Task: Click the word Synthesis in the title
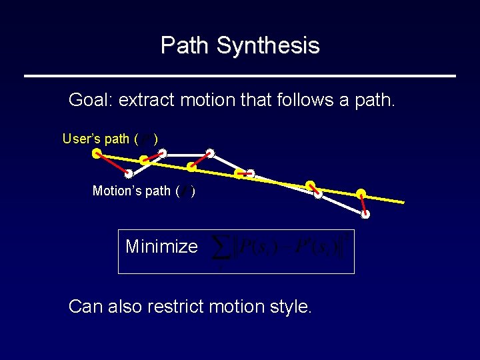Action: [x=268, y=46]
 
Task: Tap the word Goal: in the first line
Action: [x=91, y=101]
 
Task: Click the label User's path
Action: [x=96, y=139]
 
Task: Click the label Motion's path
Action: [x=131, y=191]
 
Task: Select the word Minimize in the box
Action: [x=161, y=247]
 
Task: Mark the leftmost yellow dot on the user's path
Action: [x=97, y=153]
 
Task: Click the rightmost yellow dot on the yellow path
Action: [x=361, y=194]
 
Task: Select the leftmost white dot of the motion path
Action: [x=128, y=174]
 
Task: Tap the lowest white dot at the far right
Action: [x=365, y=215]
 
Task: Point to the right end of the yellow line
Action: [x=403, y=202]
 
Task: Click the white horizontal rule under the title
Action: [x=240, y=76]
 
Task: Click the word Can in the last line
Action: [x=85, y=307]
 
